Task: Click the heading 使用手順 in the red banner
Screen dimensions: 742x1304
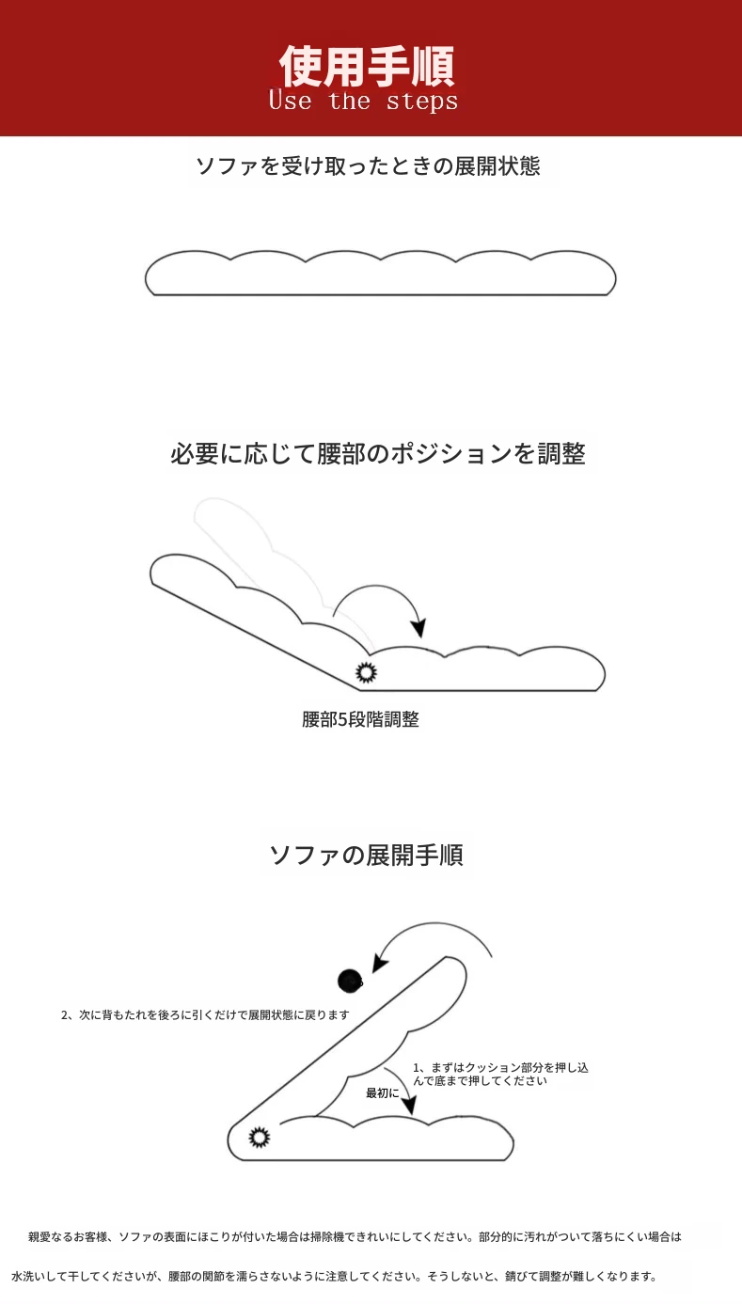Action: pyautogui.click(x=367, y=66)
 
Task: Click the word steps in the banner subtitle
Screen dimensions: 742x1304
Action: pyautogui.click(x=422, y=102)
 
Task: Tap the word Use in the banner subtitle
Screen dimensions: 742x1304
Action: pyautogui.click(x=290, y=100)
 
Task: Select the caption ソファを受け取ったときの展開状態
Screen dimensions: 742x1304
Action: pyautogui.click(x=368, y=166)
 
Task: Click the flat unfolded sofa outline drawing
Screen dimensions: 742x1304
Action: pyautogui.click(x=380, y=274)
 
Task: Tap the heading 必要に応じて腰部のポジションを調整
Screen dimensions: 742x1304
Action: pyautogui.click(x=377, y=453)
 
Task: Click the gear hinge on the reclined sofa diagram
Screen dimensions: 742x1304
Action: pyautogui.click(x=367, y=672)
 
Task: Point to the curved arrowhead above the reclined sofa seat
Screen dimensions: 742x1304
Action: pyautogui.click(x=418, y=627)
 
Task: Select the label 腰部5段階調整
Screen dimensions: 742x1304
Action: pyautogui.click(x=360, y=719)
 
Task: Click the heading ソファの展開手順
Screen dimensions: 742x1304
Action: pyautogui.click(x=367, y=856)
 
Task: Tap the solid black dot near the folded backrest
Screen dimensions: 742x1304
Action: pyautogui.click(x=350, y=982)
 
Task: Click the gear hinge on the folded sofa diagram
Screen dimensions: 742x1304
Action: pyautogui.click(x=260, y=1137)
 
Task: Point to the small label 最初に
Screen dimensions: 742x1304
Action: pyautogui.click(x=382, y=1093)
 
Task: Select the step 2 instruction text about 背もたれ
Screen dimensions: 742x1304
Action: pyautogui.click(x=205, y=1015)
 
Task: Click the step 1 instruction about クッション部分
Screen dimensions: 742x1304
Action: pyautogui.click(x=501, y=1074)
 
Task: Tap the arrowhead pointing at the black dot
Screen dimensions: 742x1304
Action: pyautogui.click(x=379, y=963)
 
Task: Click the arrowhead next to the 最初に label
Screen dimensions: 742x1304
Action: pyautogui.click(x=409, y=1106)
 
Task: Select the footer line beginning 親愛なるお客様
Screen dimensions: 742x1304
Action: pyautogui.click(x=355, y=1237)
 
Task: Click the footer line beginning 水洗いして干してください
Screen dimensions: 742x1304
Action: pyautogui.click(x=334, y=1277)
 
